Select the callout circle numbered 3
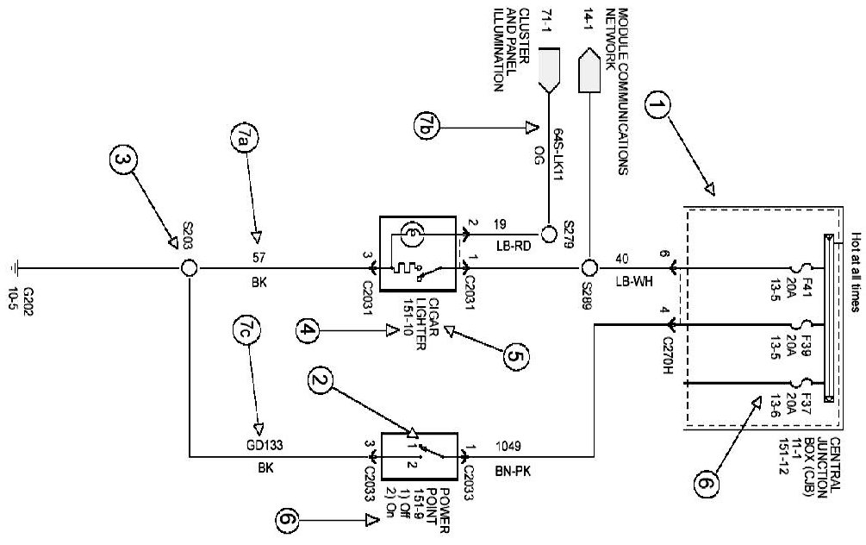click(122, 160)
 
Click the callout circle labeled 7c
click(246, 330)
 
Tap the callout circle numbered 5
click(515, 356)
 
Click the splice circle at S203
click(189, 269)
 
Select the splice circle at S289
click(589, 268)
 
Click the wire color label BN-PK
click(513, 472)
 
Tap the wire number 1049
click(508, 446)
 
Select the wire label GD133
click(265, 445)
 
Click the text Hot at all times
click(855, 272)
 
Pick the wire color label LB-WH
click(634, 281)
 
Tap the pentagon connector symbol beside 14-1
click(589, 70)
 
